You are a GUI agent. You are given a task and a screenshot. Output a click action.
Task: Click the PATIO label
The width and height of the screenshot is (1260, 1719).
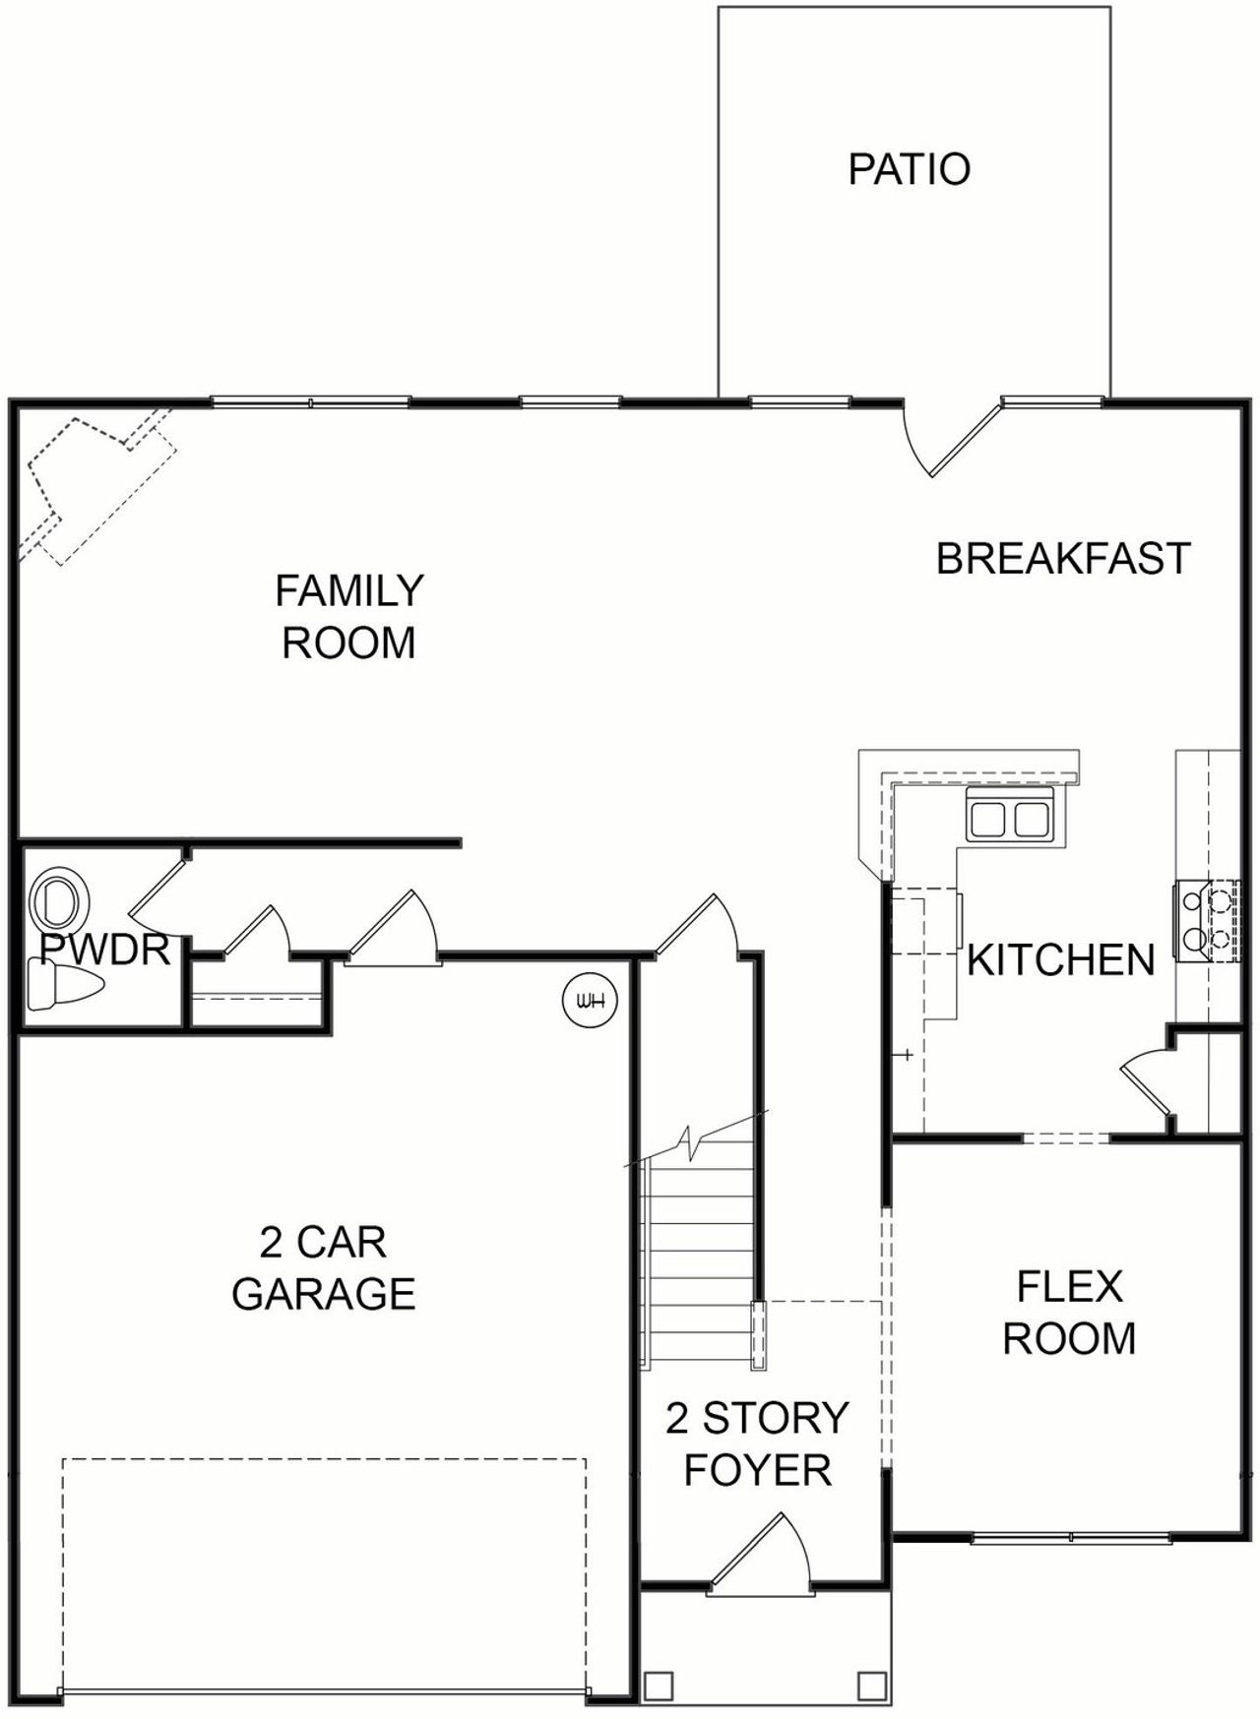point(909,169)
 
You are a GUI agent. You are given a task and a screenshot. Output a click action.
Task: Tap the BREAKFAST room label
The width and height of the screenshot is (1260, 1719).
point(1062,558)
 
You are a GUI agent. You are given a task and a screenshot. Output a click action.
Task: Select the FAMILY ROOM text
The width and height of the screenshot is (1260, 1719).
point(348,616)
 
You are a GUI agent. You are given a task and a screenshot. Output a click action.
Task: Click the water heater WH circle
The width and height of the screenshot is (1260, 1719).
point(589,1001)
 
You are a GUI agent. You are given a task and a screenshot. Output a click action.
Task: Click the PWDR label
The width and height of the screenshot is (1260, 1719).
point(105,951)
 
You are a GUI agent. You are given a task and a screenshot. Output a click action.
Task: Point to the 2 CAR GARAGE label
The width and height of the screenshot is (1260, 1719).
point(323,1268)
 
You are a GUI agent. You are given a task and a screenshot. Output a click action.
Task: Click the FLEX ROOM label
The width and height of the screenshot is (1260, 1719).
point(1068,1313)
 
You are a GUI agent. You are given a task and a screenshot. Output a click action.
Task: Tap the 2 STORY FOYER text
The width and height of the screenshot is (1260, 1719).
point(757,1443)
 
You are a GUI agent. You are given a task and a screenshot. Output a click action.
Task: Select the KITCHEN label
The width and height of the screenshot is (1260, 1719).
point(1060,959)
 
